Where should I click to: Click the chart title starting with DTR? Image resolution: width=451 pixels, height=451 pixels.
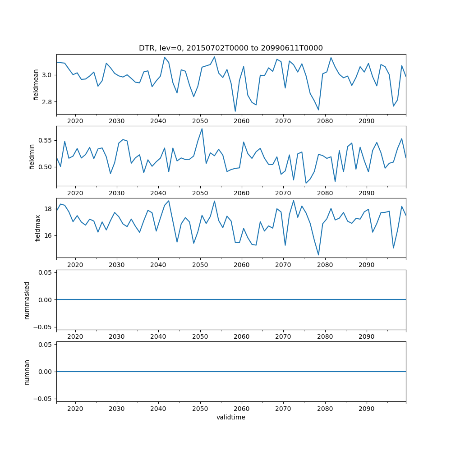click(x=230, y=48)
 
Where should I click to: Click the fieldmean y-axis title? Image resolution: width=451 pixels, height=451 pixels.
click(x=36, y=84)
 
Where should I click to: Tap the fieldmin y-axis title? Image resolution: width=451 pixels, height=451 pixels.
click(x=32, y=156)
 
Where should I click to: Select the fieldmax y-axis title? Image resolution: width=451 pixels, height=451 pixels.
click(x=38, y=228)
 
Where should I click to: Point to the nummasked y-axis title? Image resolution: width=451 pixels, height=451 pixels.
click(x=27, y=299)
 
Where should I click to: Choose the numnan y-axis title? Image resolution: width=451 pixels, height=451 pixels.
click(x=27, y=372)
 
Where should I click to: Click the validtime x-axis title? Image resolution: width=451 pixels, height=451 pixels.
click(x=230, y=418)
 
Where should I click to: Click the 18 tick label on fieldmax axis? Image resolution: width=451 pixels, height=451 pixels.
click(x=49, y=209)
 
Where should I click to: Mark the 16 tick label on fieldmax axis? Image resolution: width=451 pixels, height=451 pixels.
click(x=49, y=235)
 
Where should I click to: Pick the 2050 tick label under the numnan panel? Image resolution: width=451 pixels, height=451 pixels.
click(x=200, y=409)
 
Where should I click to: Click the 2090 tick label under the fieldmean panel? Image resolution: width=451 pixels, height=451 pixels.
click(x=366, y=121)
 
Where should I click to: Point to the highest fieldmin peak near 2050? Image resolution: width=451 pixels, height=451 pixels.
click(x=202, y=129)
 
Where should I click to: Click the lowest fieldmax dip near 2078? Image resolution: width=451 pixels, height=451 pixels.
click(x=318, y=255)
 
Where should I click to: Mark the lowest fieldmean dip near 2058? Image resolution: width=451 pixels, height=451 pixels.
click(x=235, y=111)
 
